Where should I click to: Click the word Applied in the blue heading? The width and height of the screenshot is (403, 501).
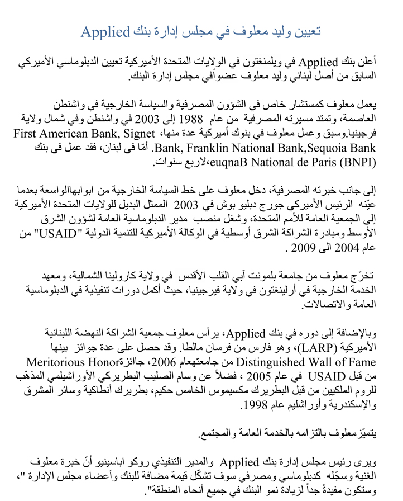click(105, 31)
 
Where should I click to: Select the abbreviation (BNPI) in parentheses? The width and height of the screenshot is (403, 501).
click(357, 163)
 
